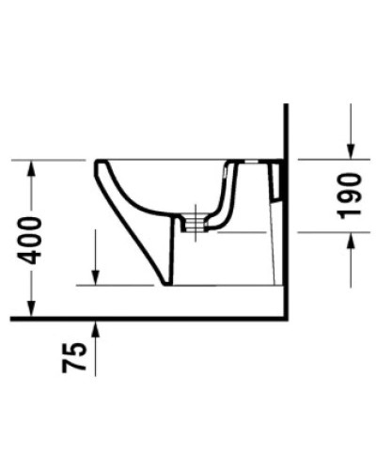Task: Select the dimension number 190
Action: click(x=349, y=196)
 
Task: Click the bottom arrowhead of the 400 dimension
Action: click(x=31, y=312)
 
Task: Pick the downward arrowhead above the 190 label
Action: click(x=349, y=152)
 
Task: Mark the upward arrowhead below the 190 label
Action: click(x=349, y=239)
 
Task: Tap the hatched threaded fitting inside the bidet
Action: click(x=194, y=223)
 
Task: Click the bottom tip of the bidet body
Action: click(x=166, y=283)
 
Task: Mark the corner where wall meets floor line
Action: click(x=284, y=320)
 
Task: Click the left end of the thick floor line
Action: click(x=13, y=320)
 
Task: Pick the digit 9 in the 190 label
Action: click(x=349, y=196)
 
